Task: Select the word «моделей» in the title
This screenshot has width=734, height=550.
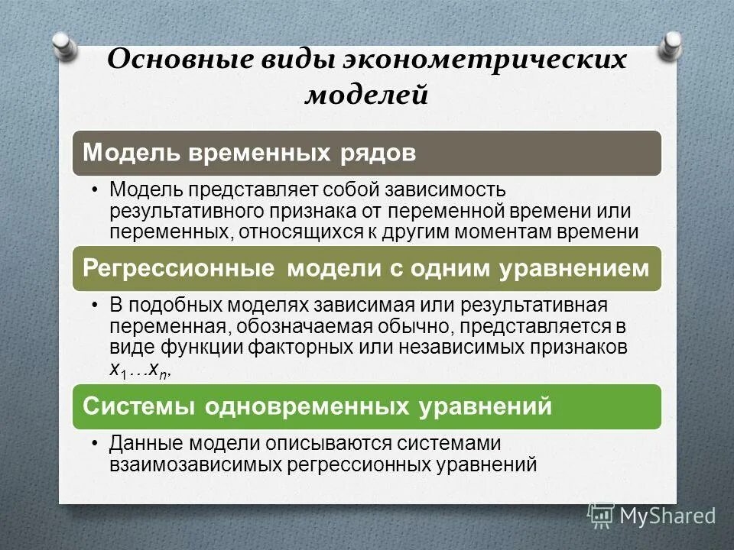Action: [367, 95]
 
